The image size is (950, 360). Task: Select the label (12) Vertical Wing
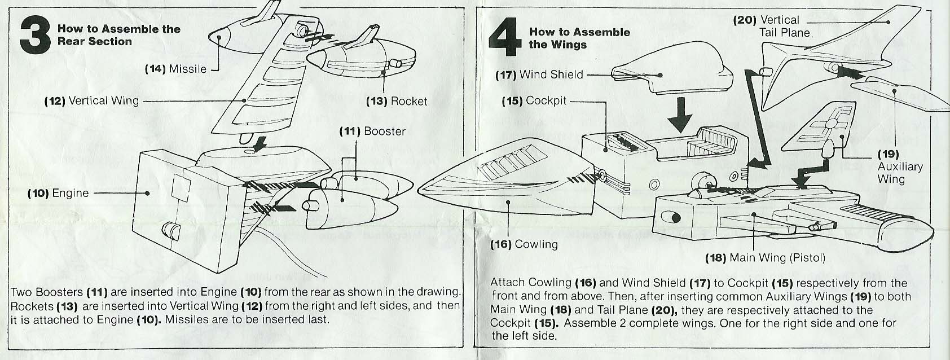[x=91, y=101]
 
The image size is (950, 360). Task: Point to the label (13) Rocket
[x=397, y=102]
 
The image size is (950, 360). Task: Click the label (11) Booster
[x=372, y=131]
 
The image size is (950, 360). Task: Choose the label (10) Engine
[x=58, y=193]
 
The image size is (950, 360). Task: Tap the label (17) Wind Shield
[x=539, y=74]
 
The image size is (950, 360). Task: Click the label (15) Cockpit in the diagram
[x=534, y=101]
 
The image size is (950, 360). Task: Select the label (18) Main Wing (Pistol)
[x=765, y=258]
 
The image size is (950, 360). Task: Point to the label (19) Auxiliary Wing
[x=899, y=166]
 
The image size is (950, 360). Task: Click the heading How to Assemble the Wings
[x=579, y=38]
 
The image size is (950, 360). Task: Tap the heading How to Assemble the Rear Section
[x=118, y=35]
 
